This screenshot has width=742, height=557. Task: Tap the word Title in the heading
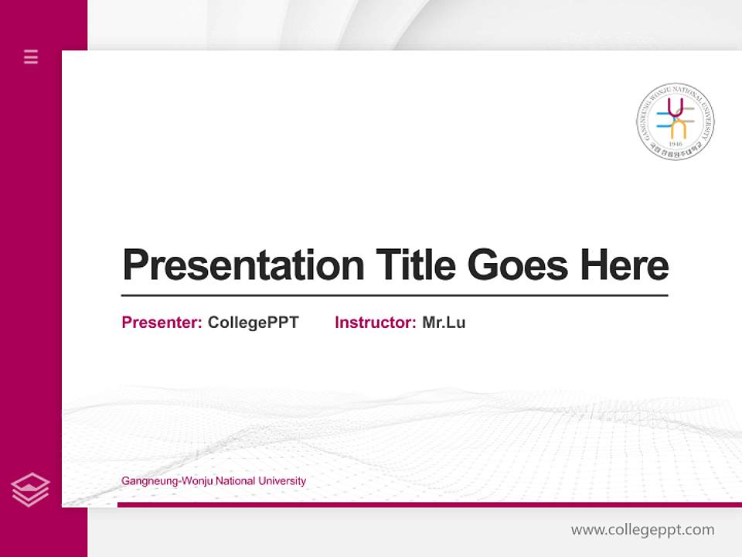[415, 265]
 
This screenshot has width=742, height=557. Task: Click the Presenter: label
[162, 323]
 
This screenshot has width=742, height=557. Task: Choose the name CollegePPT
[253, 323]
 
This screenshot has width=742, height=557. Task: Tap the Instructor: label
[375, 323]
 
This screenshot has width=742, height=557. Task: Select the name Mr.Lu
[444, 323]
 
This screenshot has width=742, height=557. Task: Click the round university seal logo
[676, 121]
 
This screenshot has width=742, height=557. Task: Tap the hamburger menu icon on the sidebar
[31, 56]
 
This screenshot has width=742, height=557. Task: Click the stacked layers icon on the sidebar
[30, 490]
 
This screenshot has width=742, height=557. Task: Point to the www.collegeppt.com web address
[642, 530]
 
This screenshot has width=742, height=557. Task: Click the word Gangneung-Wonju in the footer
[167, 481]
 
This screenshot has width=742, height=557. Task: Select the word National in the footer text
[236, 481]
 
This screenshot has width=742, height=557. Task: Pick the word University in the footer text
[282, 481]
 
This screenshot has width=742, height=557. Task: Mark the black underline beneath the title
[394, 295]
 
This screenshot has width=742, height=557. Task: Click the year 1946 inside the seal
[676, 145]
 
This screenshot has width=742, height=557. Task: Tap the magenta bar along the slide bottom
[429, 504]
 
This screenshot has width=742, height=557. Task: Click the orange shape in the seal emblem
[678, 128]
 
